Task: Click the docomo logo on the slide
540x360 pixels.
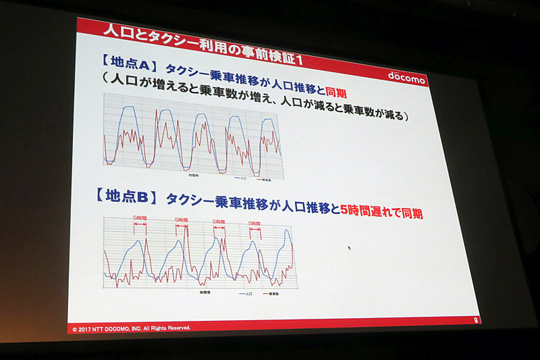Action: pyautogui.click(x=406, y=76)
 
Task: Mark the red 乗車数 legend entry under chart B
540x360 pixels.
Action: pyautogui.click(x=269, y=295)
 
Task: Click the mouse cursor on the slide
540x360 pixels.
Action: pyautogui.click(x=349, y=249)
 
